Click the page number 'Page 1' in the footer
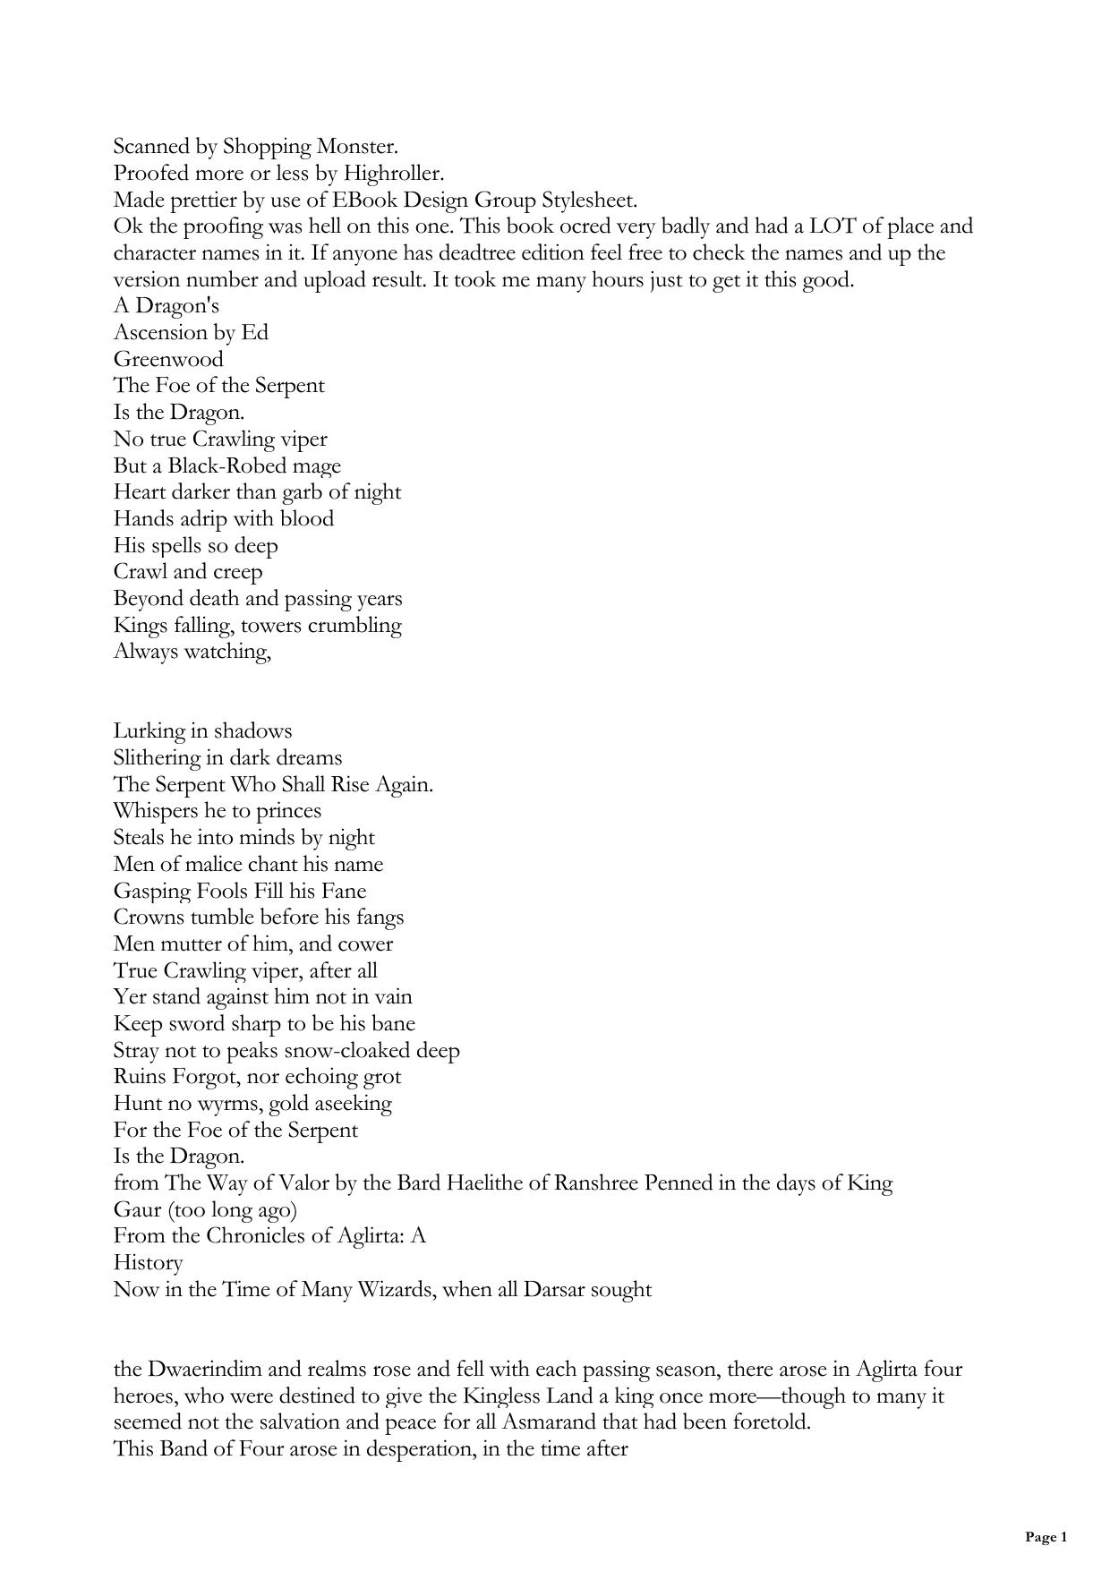(1046, 1537)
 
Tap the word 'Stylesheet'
(588, 200)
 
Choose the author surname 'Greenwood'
(168, 359)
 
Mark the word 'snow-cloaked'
(351, 1050)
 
